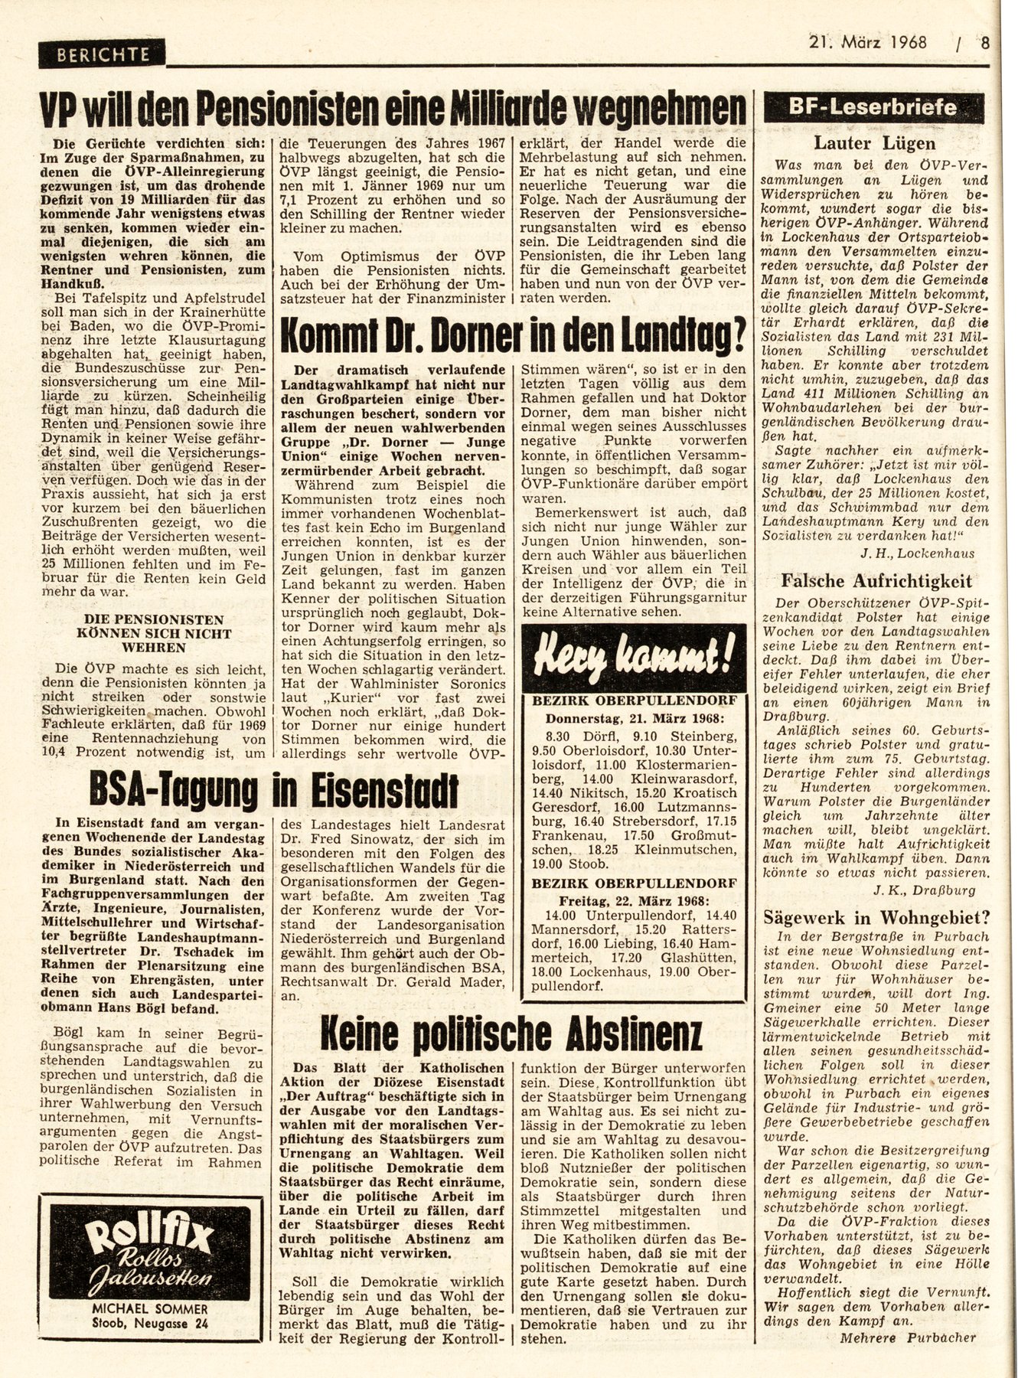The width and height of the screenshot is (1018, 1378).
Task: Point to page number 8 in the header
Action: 986,43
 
